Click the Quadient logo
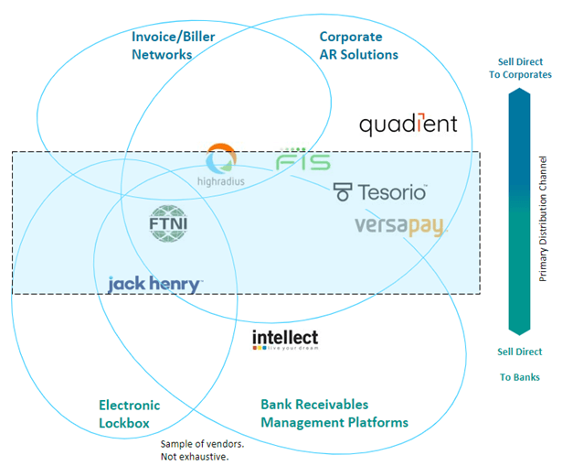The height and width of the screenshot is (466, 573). pyautogui.click(x=408, y=125)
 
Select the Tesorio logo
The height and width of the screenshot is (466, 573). pyautogui.click(x=380, y=191)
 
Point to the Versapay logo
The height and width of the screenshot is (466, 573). pyautogui.click(x=398, y=225)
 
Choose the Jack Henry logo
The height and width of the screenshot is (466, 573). pyautogui.click(x=154, y=284)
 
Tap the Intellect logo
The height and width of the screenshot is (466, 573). pyautogui.click(x=285, y=340)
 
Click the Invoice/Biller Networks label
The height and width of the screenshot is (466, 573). pyautogui.click(x=162, y=46)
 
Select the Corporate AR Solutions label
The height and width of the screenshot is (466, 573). pyautogui.click(x=358, y=46)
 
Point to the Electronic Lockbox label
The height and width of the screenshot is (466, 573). pyautogui.click(x=129, y=414)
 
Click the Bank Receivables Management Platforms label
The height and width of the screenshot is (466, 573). pyautogui.click(x=334, y=413)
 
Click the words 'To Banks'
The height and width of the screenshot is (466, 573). pyautogui.click(x=519, y=376)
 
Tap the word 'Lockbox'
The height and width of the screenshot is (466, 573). pyautogui.click(x=124, y=423)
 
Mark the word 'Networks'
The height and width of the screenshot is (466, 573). pyautogui.click(x=162, y=54)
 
